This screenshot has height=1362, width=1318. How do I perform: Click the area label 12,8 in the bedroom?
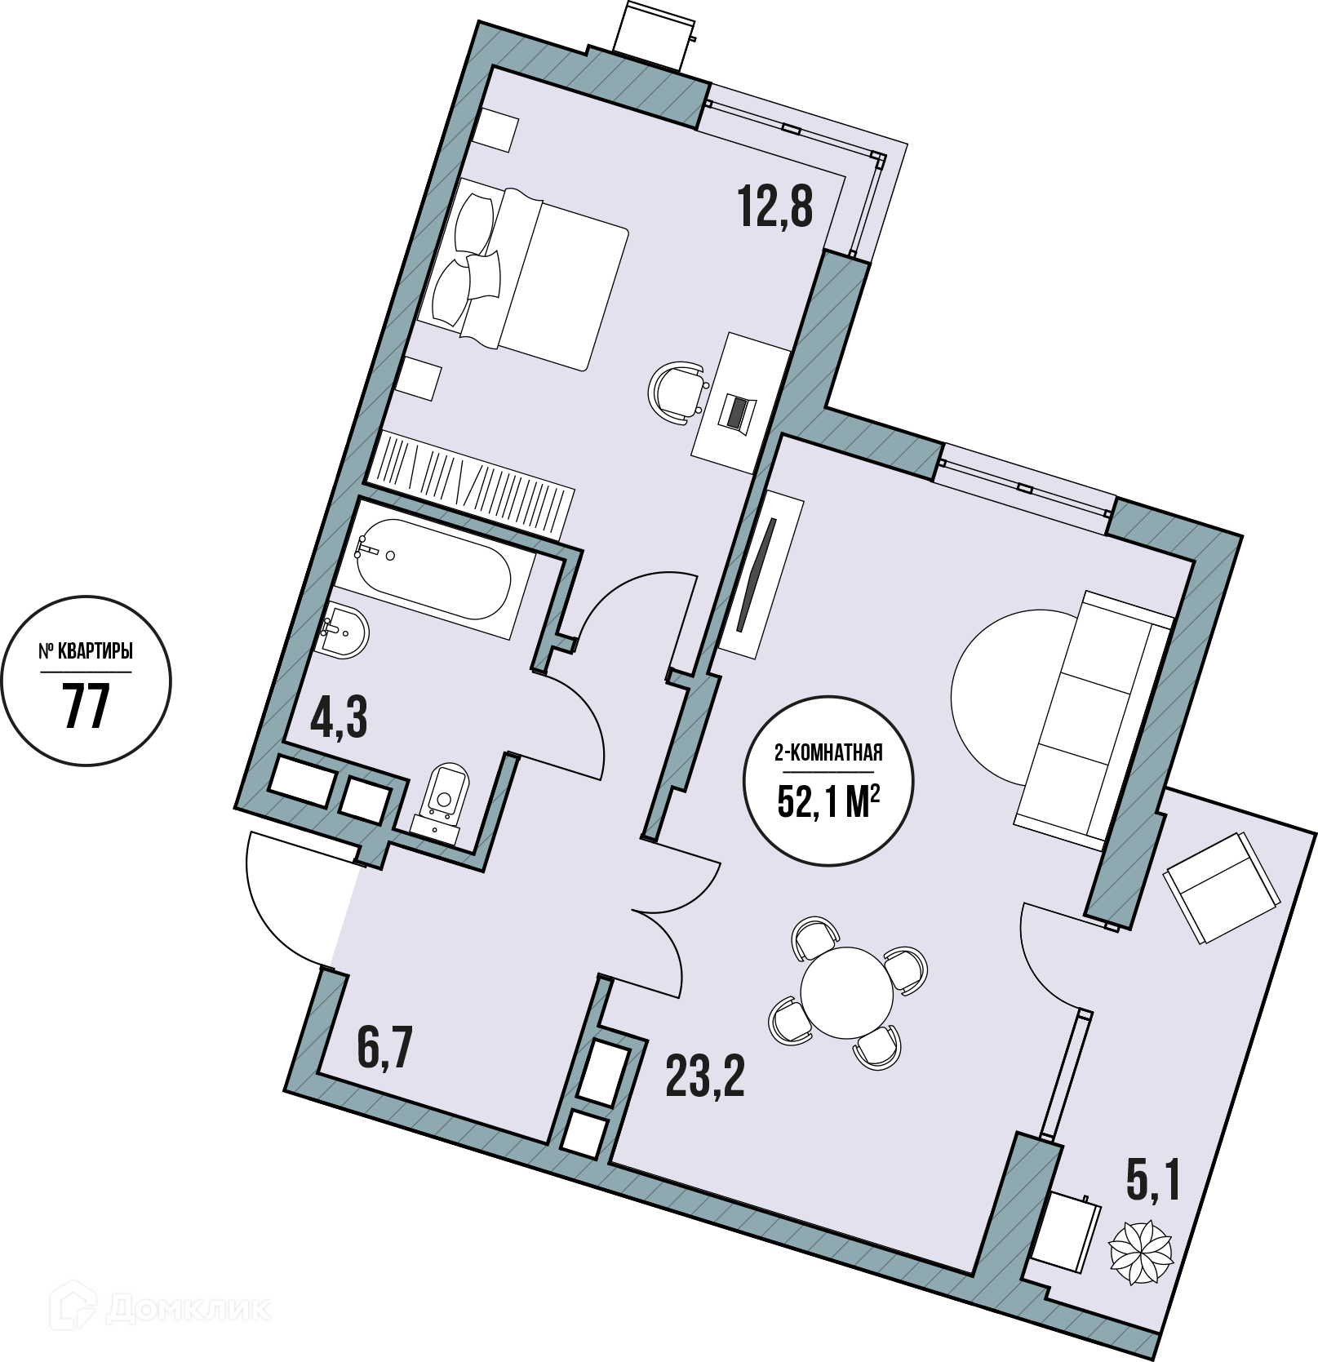775,206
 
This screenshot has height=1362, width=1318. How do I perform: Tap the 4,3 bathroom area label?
339,718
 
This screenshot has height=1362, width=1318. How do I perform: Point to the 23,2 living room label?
705,1077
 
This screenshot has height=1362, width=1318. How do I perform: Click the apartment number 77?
86,706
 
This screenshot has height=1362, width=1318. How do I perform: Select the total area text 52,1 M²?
828,803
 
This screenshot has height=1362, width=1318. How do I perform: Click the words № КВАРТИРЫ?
86,653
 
